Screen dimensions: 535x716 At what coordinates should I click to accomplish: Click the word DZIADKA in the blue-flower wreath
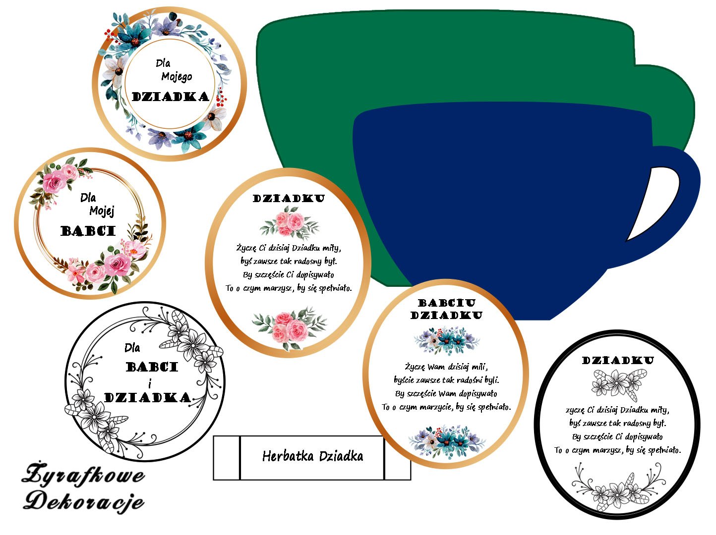170,97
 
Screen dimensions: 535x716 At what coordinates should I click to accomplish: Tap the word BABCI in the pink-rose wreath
88,231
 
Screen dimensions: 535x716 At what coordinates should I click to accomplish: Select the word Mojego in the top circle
177,77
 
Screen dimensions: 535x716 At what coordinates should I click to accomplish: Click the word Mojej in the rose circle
102,212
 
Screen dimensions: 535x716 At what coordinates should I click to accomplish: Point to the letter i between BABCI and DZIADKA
150,383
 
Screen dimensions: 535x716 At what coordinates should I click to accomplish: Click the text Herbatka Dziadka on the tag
312,456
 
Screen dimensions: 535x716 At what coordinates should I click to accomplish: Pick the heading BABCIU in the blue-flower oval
447,303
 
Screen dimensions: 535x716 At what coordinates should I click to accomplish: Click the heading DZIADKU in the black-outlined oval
618,361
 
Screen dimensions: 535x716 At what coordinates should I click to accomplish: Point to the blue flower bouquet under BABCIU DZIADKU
447,339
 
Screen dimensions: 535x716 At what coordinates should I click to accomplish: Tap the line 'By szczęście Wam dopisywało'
446,394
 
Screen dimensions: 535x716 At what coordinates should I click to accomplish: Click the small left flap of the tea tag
227,458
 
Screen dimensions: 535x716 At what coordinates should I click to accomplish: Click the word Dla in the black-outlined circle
132,348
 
